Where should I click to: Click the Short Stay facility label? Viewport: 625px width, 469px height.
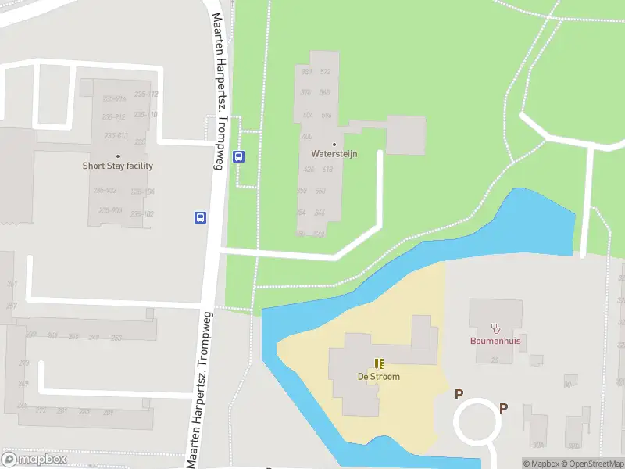tap(118, 166)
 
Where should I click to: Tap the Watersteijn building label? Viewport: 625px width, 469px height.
tap(334, 154)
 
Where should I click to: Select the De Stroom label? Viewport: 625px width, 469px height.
tap(379, 377)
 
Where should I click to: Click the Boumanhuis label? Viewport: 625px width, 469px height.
tap(495, 341)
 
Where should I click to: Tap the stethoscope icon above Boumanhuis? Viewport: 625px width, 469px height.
tap(495, 328)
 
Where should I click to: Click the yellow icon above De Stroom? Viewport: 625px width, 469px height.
tap(379, 363)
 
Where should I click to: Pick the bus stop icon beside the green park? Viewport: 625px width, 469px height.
tap(240, 156)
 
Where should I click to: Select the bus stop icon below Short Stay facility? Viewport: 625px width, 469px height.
tap(200, 217)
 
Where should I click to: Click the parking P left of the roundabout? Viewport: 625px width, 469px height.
tap(459, 395)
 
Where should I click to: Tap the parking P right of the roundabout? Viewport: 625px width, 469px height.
tap(504, 407)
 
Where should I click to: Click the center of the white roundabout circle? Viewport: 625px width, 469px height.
tap(478, 422)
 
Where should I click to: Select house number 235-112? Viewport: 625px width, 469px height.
tap(146, 95)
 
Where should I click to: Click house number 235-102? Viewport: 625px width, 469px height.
tap(142, 214)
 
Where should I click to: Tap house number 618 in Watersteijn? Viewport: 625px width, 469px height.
tap(327, 170)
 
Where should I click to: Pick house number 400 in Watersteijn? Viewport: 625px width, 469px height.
tap(307, 136)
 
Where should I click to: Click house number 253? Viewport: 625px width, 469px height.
tap(116, 338)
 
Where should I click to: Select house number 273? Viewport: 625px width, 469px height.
tap(23, 363)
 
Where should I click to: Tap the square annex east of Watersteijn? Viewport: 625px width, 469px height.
tap(405, 135)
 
